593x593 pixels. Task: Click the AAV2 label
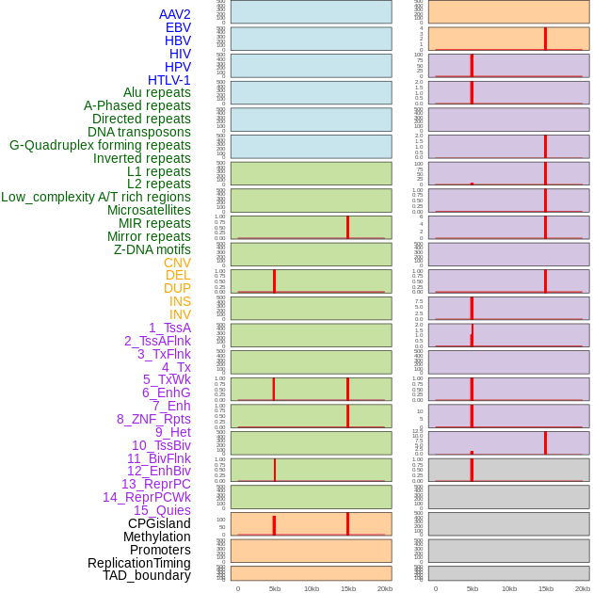(174, 14)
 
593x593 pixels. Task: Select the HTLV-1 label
(168, 80)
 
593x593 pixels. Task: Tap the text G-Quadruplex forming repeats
(100, 145)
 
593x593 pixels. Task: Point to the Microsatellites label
(149, 210)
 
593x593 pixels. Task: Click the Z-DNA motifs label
(152, 249)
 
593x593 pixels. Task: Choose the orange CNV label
(177, 263)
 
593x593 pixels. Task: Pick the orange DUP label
(177, 288)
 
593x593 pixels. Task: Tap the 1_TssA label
(169, 328)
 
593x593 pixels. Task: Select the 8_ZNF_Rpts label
(153, 419)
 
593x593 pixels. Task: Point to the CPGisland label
(159, 523)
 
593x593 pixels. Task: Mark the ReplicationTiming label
(138, 563)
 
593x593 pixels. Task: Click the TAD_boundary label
(146, 575)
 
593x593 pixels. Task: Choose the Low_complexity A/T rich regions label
(96, 197)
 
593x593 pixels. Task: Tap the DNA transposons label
(139, 132)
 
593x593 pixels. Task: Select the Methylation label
(156, 537)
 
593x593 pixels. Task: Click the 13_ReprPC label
(155, 484)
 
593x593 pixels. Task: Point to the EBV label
(178, 27)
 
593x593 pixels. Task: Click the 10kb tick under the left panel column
(312, 588)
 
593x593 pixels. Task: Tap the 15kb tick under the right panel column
(546, 588)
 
